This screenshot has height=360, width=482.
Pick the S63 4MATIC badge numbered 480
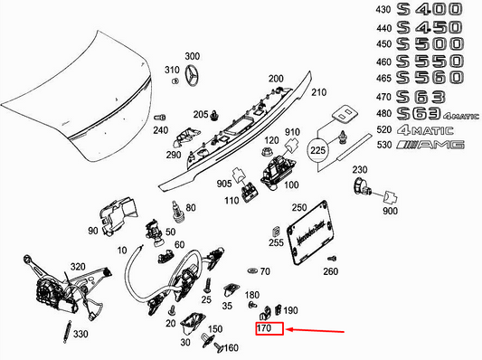pyautogui.click(x=432, y=115)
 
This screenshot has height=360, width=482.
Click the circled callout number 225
pyautogui.click(x=317, y=149)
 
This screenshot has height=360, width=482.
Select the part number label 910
pyautogui.click(x=293, y=133)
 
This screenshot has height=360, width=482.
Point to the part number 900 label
pyautogui.click(x=390, y=211)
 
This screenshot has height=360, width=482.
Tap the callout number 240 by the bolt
pyautogui.click(x=160, y=130)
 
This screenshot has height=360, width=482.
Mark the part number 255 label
pyautogui.click(x=276, y=242)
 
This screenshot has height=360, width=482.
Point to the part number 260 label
pyautogui.click(x=331, y=271)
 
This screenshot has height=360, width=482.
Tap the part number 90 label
pyautogui.click(x=92, y=232)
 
